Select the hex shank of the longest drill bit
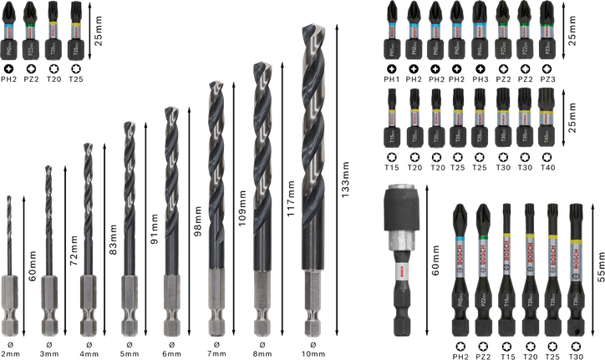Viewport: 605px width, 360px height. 313,302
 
